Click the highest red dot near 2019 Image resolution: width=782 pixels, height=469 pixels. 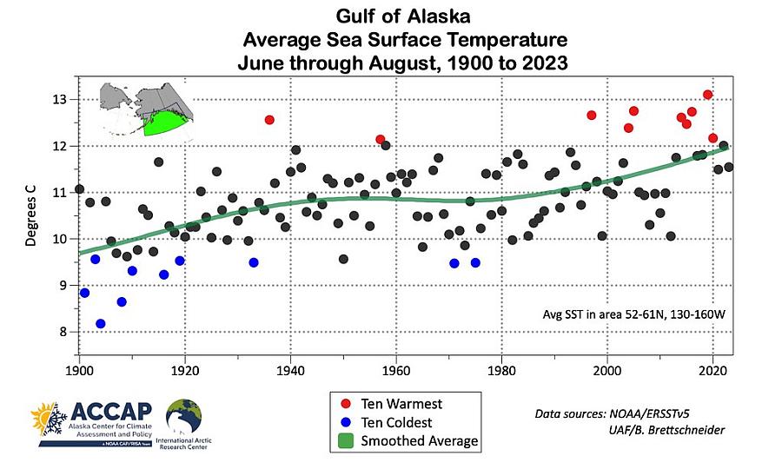[708, 95]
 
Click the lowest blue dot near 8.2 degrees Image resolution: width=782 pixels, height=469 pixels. [101, 324]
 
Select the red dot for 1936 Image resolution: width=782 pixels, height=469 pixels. [269, 120]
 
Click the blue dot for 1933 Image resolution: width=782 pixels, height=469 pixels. [254, 262]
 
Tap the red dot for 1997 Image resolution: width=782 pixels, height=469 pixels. [592, 116]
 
